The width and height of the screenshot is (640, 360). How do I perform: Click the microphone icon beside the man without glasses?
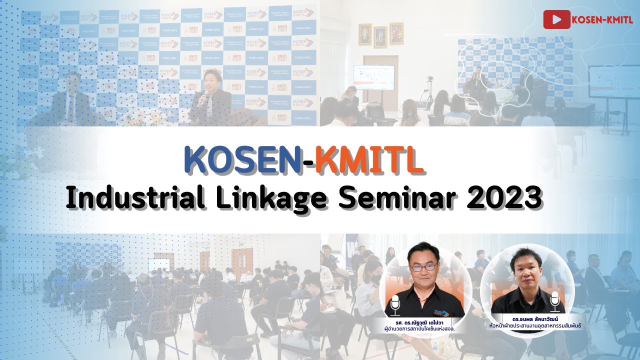(554, 302)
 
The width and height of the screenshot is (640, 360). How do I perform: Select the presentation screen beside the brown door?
(373, 77)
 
